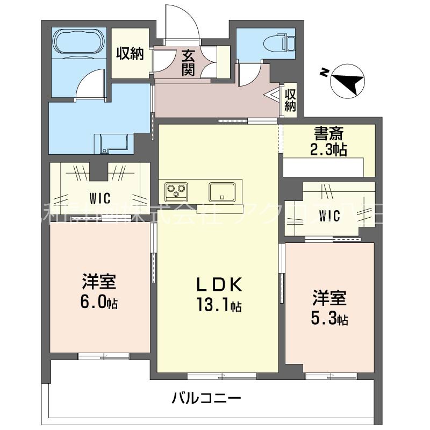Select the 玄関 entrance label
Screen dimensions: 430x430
pyautogui.click(x=188, y=62)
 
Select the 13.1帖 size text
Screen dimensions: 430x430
pyautogui.click(x=217, y=306)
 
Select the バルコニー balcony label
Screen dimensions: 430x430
pyautogui.click(x=207, y=398)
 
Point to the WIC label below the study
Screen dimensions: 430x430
pyautogui.click(x=329, y=216)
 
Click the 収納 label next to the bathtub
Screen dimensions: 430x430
pyautogui.click(x=130, y=54)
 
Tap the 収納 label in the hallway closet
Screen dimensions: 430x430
pyautogui.click(x=290, y=100)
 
